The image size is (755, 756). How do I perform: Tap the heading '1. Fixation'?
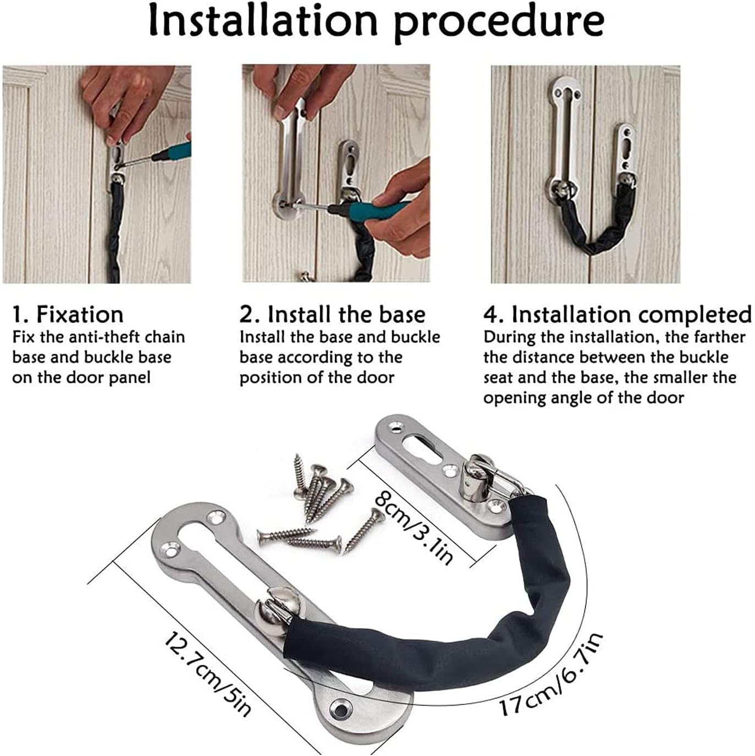pos(68,314)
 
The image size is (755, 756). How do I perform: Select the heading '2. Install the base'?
pos(332,314)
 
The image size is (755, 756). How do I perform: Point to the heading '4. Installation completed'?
pos(617,314)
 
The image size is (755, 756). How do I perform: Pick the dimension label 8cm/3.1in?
pos(414,527)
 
